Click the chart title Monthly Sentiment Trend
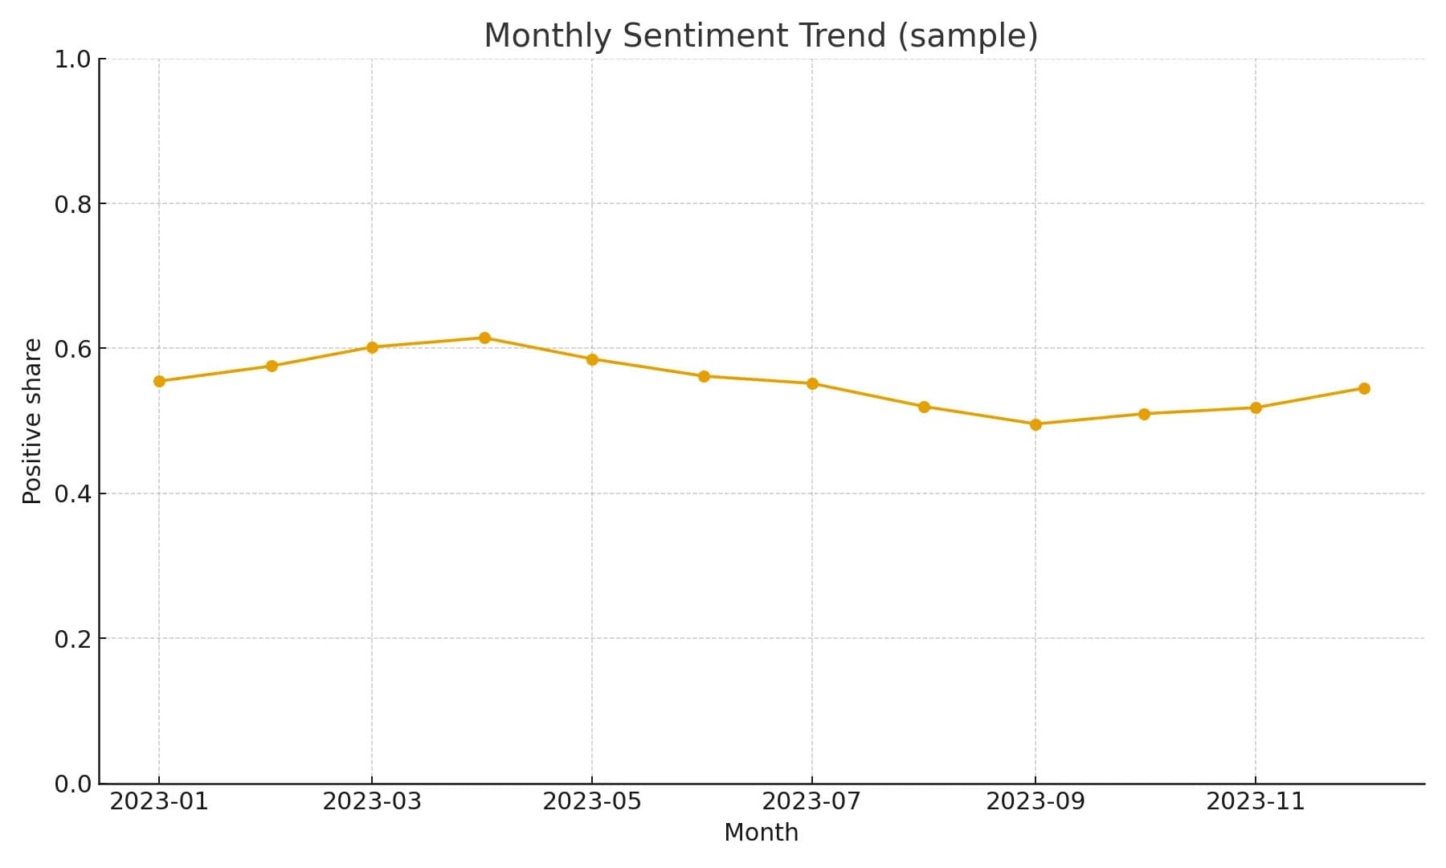760,36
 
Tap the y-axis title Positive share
32,421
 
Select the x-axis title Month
761,833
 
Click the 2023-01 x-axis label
159,801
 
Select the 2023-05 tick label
592,801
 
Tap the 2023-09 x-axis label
1035,801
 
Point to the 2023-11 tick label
1256,801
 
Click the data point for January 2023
159,381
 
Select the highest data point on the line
484,338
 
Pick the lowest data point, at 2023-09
1035,424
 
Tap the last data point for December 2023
1364,388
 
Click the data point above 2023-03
372,347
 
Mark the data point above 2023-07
812,383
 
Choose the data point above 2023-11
1256,407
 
